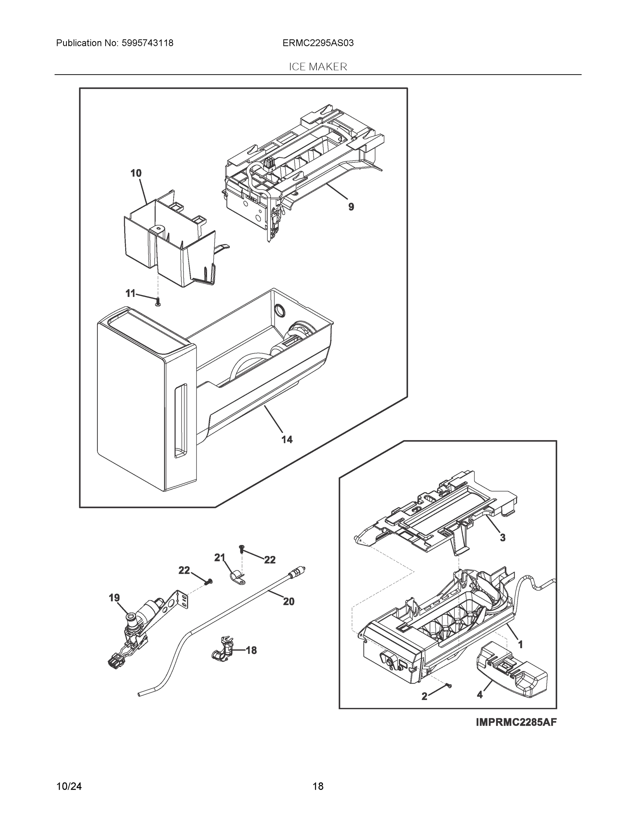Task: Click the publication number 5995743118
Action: (147, 43)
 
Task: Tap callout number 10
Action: (136, 173)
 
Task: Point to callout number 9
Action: (351, 207)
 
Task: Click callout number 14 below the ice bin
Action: (287, 440)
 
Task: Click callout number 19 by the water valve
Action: (114, 598)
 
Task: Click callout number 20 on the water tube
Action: (289, 601)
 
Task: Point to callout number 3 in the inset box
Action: (502, 538)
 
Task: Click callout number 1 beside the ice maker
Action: (520, 645)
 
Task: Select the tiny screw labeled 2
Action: (448, 686)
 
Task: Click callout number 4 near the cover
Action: (479, 695)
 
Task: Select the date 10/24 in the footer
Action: (69, 786)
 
